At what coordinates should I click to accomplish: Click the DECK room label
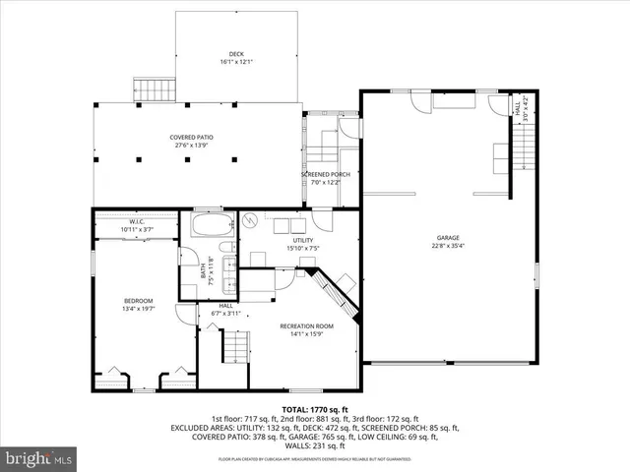pos(236,54)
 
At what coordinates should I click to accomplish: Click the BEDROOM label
pos(138,300)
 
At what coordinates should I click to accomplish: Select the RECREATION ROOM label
pos(306,325)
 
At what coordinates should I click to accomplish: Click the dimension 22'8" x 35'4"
pos(449,246)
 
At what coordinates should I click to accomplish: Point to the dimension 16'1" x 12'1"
pos(236,63)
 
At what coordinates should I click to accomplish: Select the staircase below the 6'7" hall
pos(234,346)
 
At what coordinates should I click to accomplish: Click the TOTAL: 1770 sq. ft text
pos(315,408)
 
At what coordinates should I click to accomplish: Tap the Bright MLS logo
pos(39,458)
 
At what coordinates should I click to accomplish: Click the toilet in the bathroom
pos(225,248)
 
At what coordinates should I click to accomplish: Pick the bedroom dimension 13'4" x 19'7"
pos(138,309)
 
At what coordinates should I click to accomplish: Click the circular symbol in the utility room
pos(250,220)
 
